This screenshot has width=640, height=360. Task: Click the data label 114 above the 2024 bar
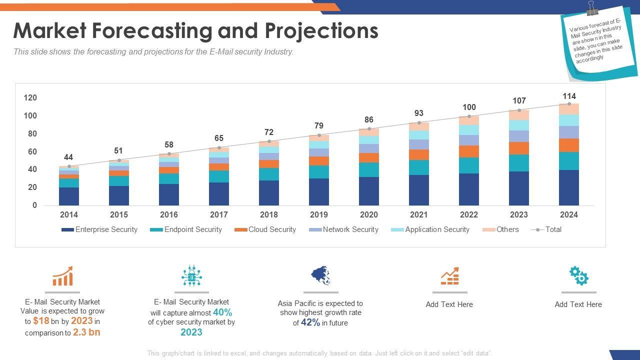point(569,96)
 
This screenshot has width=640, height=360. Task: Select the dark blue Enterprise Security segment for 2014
point(69,196)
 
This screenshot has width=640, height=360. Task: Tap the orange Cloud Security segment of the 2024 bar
point(569,145)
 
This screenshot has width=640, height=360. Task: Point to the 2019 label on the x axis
point(319,214)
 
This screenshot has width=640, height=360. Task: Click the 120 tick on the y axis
point(30,97)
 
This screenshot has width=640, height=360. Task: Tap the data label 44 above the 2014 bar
point(69,157)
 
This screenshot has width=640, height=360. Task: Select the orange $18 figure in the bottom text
point(41,321)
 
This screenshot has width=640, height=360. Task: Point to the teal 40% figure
point(222,312)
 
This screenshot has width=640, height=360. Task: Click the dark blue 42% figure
point(310,322)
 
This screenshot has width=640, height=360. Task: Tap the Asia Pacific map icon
point(320,275)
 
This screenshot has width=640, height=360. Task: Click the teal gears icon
point(578,275)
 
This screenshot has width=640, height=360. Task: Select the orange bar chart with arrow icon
point(62,276)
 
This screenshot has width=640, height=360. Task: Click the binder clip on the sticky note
point(593,8)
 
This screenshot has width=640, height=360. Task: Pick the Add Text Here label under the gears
point(578,304)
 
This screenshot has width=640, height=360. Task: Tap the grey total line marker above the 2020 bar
point(369,129)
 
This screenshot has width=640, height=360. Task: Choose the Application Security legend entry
point(436,229)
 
